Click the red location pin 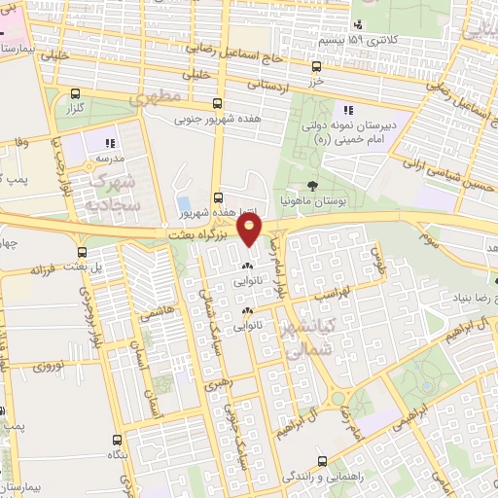point(251,230)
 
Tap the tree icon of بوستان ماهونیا point(311,185)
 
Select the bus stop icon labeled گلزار point(73,95)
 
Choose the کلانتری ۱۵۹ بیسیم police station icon point(358,24)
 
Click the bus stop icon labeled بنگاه point(117,440)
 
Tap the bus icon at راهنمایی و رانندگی point(322,462)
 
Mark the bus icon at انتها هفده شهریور point(217,195)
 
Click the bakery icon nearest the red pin point(247,264)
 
